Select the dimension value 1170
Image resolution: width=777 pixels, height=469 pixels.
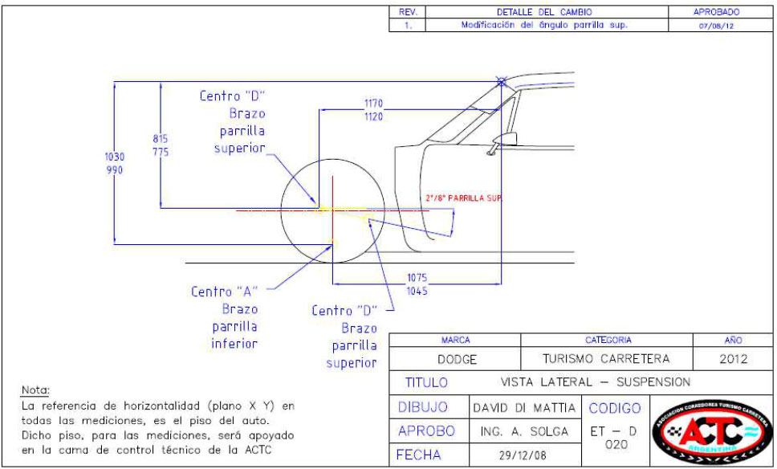pos(374,104)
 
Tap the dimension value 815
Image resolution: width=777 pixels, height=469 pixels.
pos(161,138)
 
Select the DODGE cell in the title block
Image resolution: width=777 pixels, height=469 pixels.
pos(456,359)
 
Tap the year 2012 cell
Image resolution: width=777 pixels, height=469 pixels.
pos(733,359)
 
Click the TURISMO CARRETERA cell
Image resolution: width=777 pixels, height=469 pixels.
pos(606,359)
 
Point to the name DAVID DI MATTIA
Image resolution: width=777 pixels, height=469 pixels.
pos(523,408)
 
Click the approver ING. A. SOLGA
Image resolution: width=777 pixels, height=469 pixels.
pos(523,432)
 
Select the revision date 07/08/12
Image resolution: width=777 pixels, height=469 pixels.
pos(717,26)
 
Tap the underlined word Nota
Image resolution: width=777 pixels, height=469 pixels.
pos(35,390)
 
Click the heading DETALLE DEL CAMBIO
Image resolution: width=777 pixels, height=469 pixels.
pos(544,13)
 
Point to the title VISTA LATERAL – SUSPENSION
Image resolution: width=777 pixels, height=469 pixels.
pos(595,382)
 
